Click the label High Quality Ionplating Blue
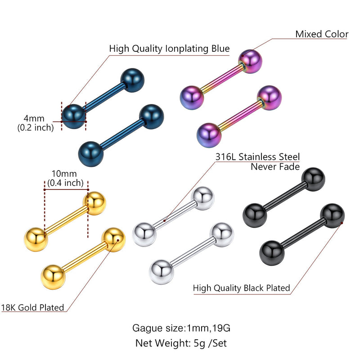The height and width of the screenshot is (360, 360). coord(169,49)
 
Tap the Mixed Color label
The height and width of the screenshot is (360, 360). coord(322,34)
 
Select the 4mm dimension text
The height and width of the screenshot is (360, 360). coord(34,118)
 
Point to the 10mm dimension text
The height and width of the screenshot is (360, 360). coord(64,174)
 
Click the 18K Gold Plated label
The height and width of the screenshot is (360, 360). coord(32,307)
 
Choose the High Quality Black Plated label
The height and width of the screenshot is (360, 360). coord(241,288)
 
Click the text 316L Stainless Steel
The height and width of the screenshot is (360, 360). coord(257,157)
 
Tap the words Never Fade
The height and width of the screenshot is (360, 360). coord(275,166)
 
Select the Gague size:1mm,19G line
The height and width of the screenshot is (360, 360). coord(181,328)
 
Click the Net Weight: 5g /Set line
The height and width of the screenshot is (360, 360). coord(181,343)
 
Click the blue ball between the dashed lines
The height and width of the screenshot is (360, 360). coord(74,117)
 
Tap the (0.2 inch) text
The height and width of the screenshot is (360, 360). coord(36,128)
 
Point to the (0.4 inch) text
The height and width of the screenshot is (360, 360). coord(65,183)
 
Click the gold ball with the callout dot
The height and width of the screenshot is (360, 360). coord(113,240)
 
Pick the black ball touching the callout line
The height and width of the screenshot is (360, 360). coord(333,216)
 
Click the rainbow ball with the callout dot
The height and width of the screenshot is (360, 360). coord(250,61)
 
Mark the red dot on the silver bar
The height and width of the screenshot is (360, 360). coord(164,220)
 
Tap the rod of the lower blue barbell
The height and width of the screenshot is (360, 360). coord(121,135)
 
